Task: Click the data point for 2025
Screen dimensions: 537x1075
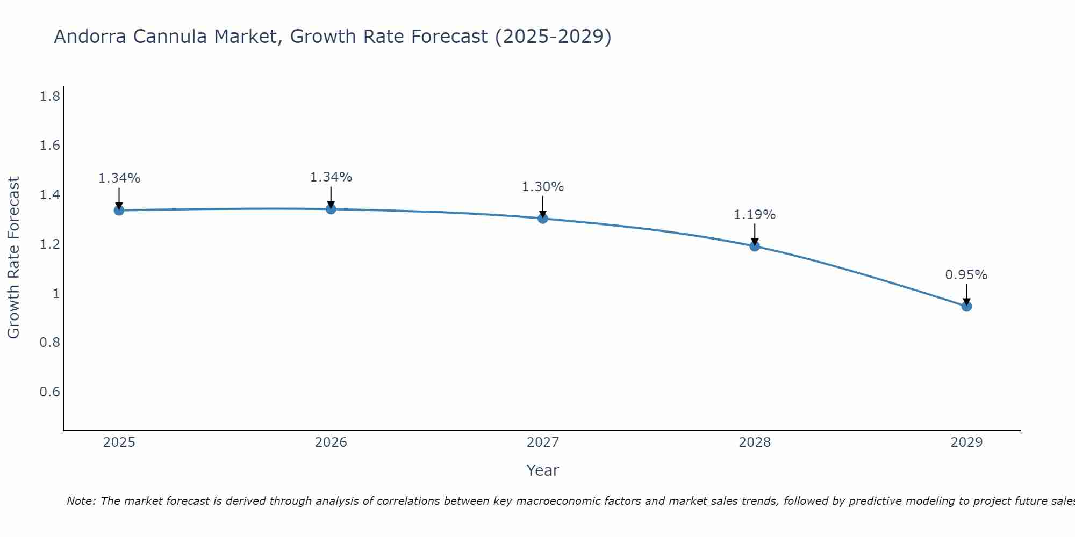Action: point(119,210)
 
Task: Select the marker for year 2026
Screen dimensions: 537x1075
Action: point(331,209)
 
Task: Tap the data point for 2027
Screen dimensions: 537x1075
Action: point(543,219)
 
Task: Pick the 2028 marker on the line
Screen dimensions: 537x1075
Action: point(755,246)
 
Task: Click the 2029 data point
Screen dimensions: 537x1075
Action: point(966,306)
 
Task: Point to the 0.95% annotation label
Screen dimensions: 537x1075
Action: point(966,275)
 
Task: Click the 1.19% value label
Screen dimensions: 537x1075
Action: point(754,215)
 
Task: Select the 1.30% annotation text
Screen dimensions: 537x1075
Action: point(542,187)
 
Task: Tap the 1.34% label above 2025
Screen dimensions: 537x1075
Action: point(119,178)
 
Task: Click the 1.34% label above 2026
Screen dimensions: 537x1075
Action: point(331,177)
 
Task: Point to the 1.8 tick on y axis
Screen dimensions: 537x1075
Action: point(49,97)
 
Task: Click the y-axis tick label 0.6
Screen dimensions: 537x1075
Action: point(49,391)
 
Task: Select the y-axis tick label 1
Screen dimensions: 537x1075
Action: point(56,293)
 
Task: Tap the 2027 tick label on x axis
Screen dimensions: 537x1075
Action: point(543,442)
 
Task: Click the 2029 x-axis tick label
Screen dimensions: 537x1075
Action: point(966,442)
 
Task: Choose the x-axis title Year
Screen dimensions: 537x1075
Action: point(542,470)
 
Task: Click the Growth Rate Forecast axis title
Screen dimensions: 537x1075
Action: point(13,258)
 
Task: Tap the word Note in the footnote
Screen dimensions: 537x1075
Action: point(81,501)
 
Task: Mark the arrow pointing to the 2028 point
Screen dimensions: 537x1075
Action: point(755,234)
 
